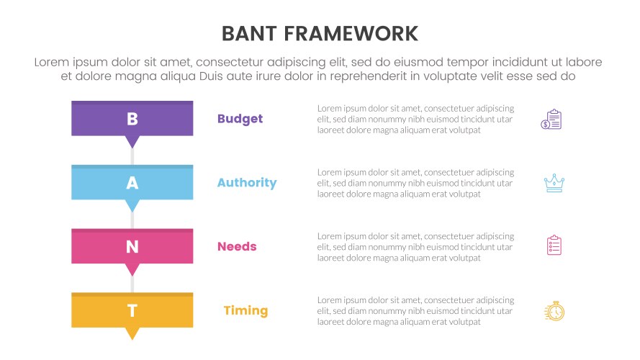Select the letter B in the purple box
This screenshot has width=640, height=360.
click(132, 120)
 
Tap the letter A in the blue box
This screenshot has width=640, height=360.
click(132, 184)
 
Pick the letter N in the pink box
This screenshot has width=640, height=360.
click(132, 247)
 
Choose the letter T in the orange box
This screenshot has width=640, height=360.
click(132, 311)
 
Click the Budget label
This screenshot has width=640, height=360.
click(240, 119)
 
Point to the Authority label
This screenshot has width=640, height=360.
click(246, 183)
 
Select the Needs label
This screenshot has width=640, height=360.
click(237, 247)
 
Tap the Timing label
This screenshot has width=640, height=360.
click(245, 311)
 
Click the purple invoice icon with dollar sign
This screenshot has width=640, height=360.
click(551, 120)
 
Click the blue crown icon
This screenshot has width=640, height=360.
click(554, 183)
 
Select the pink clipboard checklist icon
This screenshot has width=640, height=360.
click(554, 246)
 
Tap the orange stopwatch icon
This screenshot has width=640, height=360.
click(554, 311)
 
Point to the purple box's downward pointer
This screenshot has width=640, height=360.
click(132, 142)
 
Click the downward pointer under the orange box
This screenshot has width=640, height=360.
click(132, 333)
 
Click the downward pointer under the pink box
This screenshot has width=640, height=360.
click(132, 269)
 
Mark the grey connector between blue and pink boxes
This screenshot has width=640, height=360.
click(132, 219)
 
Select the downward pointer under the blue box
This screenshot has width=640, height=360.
click(132, 205)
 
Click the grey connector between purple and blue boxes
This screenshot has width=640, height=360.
click(132, 156)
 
